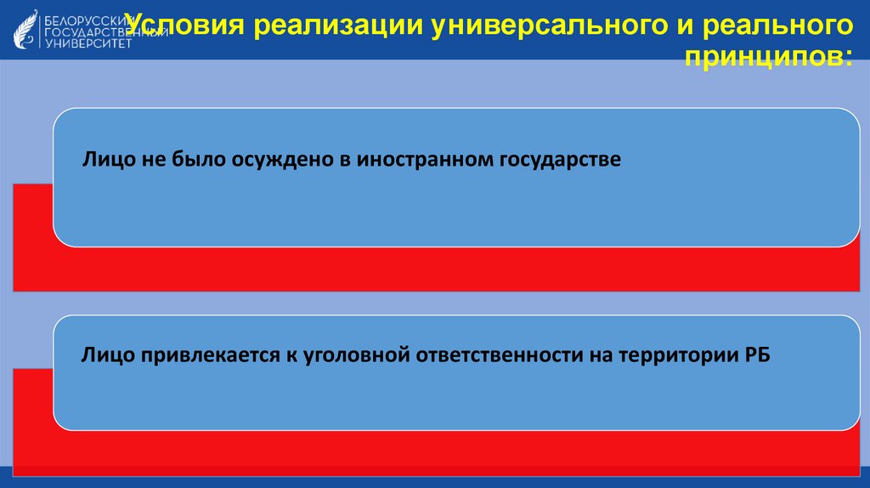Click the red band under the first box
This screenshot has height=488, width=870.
tap(425, 270)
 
